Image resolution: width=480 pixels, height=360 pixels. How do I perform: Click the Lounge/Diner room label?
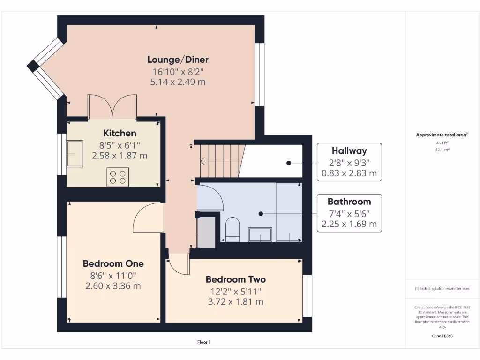coord(178,60)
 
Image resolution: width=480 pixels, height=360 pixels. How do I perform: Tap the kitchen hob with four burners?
coord(118,177)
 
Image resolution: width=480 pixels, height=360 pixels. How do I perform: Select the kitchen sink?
coord(75,153)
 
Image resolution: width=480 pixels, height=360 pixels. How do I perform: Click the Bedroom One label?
coord(113,263)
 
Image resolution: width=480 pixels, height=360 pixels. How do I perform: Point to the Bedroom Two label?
coord(235,279)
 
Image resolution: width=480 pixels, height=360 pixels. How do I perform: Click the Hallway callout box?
coord(349,162)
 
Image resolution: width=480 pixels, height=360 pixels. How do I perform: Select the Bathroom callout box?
coord(349,213)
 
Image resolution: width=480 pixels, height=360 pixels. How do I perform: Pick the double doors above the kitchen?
coord(112,105)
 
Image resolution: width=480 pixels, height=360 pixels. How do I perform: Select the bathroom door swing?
coord(211,197)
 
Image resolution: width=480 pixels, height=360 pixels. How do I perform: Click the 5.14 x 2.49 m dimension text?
coord(178,82)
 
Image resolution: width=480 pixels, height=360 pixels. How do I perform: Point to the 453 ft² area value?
coord(442,143)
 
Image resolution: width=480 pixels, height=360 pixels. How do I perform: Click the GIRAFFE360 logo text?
coord(442,336)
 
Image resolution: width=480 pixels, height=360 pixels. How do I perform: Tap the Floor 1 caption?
coord(204,342)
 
